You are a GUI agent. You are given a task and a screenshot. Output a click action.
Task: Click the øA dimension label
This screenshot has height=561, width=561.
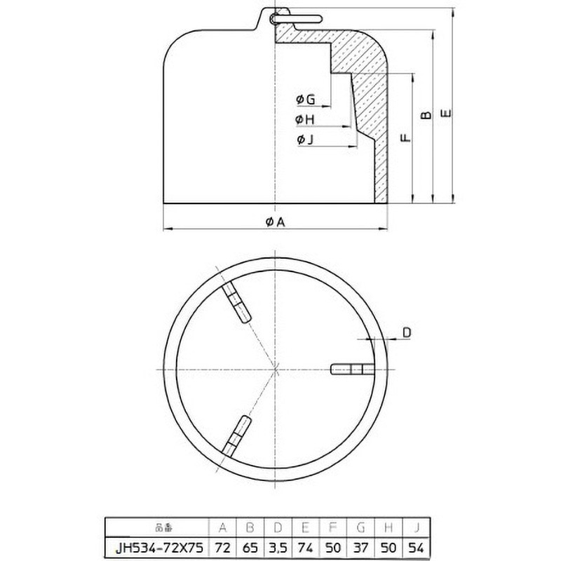(x=276, y=222)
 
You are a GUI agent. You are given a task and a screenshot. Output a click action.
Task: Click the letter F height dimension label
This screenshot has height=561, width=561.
(x=405, y=138)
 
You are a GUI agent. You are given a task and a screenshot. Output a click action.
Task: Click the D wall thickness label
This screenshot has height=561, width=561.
(x=407, y=334)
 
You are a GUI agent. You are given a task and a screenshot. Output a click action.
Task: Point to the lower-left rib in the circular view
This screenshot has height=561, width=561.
(x=236, y=434)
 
